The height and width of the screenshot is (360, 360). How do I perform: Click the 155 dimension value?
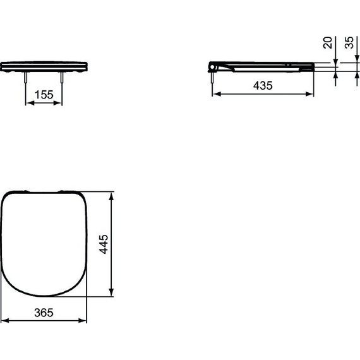pyautogui.click(x=44, y=95)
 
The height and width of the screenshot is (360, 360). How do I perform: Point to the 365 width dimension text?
pyautogui.click(x=44, y=313)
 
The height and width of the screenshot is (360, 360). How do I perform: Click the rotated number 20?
pyautogui.click(x=328, y=42)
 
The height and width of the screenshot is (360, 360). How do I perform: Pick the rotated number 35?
pyautogui.click(x=349, y=42)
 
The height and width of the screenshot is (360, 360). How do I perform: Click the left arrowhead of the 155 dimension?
pyautogui.click(x=28, y=104)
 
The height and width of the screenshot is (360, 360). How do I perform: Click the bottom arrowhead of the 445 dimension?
pyautogui.click(x=112, y=292)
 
